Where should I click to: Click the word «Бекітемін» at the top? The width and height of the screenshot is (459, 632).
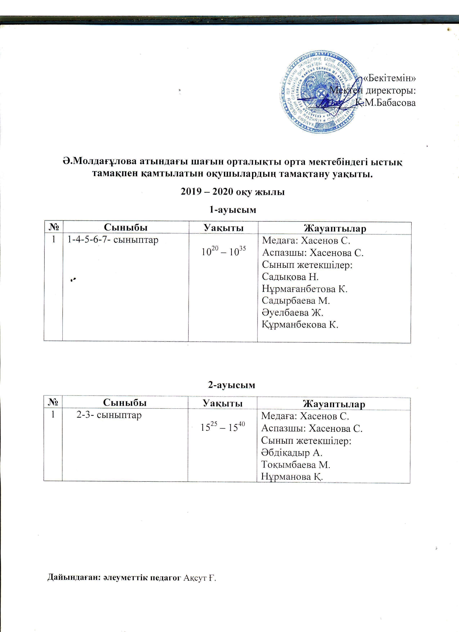click(389, 78)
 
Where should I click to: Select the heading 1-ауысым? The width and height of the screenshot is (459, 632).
click(232, 209)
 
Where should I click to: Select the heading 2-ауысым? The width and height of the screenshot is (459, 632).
click(231, 385)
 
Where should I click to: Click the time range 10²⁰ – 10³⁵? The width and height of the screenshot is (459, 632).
click(224, 252)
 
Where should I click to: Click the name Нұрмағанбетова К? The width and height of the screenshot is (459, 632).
click(305, 289)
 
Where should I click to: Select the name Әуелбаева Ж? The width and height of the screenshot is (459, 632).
click(292, 313)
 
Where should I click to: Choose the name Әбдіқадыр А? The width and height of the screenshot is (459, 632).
click(292, 453)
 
